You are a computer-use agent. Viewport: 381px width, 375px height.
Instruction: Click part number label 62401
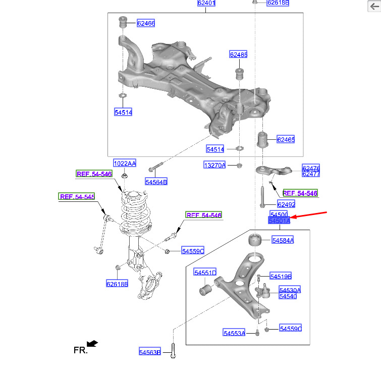(206, 3)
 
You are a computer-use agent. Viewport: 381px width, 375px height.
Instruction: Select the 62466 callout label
(146, 23)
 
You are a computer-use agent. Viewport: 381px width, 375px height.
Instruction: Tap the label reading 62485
(238, 55)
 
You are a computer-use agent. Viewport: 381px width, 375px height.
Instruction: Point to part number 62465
(286, 139)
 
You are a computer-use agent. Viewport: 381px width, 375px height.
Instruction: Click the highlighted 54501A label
(280, 221)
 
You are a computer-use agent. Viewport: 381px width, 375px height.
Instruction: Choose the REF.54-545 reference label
(77, 196)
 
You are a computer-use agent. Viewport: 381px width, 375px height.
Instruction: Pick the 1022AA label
(125, 164)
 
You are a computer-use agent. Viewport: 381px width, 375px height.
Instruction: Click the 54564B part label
(156, 182)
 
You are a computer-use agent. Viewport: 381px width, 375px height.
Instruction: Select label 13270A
(215, 165)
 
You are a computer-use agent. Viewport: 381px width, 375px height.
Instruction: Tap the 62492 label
(286, 204)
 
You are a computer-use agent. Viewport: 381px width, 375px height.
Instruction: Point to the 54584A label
(283, 240)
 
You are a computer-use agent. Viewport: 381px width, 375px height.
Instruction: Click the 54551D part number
(205, 273)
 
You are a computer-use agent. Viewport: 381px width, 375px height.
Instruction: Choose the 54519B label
(281, 276)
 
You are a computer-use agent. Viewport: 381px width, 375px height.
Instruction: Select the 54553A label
(234, 333)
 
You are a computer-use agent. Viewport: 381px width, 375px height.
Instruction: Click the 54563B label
(150, 352)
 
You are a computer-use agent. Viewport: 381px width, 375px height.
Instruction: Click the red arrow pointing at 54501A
(309, 215)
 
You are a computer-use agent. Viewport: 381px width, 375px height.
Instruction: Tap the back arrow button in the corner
(374, 6)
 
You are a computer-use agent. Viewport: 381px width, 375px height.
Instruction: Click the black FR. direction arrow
(92, 343)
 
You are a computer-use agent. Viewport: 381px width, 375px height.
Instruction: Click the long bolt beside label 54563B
(173, 350)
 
